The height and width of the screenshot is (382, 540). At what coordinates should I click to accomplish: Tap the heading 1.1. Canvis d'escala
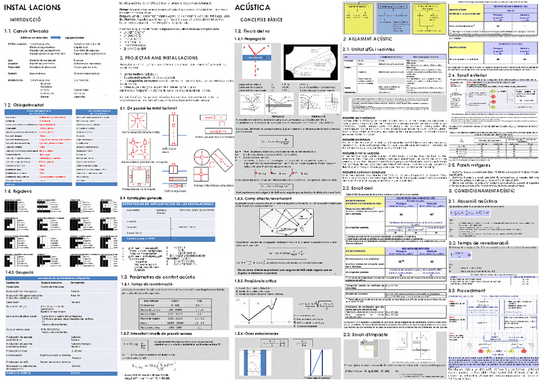pos(26,31)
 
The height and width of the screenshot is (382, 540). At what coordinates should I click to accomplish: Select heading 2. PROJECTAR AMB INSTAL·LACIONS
pos(159,57)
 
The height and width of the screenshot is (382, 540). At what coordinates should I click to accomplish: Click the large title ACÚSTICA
pos(252,8)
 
